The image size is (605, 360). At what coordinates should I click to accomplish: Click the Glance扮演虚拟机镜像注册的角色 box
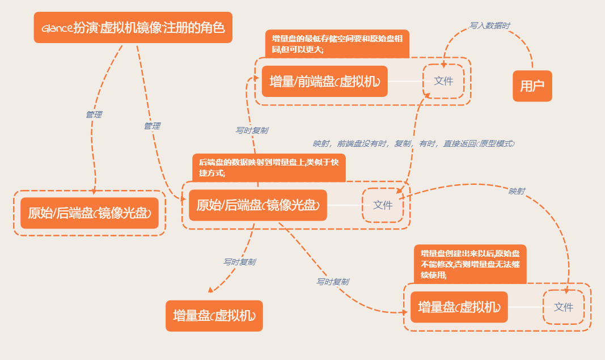[x=133, y=27]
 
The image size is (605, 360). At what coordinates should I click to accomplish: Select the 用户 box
[x=532, y=86]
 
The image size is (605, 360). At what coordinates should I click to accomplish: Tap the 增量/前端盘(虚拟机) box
[x=324, y=82]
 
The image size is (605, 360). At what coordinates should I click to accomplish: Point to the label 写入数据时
[x=489, y=26]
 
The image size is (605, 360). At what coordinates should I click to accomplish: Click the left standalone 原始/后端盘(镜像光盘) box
[x=90, y=213]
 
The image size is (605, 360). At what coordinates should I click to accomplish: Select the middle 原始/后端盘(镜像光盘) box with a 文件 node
[x=258, y=205]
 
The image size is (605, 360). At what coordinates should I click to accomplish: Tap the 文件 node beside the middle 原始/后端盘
[x=383, y=205]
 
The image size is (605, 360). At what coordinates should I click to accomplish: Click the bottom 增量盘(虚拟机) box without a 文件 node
[x=214, y=315]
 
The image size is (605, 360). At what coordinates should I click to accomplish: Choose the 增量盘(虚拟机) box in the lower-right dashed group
[x=459, y=307]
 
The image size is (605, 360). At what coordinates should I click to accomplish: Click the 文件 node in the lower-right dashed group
[x=564, y=307]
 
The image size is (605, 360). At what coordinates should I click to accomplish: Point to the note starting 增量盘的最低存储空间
[x=337, y=44]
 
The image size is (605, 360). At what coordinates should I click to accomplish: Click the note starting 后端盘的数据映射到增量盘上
[x=269, y=168]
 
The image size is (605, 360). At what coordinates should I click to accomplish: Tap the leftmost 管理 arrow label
[x=94, y=115]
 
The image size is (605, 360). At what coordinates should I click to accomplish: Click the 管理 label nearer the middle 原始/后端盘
[x=151, y=126]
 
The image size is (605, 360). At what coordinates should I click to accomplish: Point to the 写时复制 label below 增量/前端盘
[x=252, y=130]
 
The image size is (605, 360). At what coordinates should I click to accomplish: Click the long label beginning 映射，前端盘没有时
[x=413, y=144]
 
